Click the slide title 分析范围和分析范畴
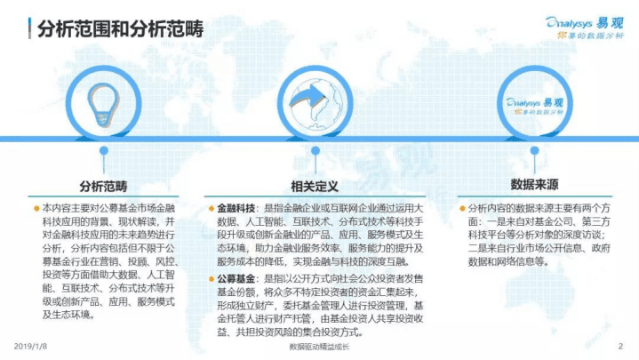120,29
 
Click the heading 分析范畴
103,187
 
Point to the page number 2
620,346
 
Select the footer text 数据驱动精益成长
319,347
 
